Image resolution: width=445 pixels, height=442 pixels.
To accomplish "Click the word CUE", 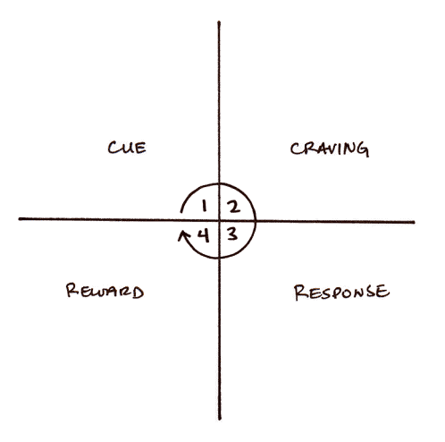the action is [x=127, y=148].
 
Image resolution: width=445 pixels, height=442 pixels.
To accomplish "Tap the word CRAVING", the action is [x=330, y=149].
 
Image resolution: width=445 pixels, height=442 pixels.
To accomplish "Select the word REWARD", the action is [x=105, y=291].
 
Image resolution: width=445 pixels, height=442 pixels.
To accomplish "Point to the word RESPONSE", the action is [x=341, y=292].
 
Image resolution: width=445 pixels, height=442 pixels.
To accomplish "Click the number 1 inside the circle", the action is [x=204, y=206].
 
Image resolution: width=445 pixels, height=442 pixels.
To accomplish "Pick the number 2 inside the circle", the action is [x=233, y=207].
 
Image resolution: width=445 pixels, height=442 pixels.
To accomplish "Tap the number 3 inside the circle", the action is [x=232, y=234].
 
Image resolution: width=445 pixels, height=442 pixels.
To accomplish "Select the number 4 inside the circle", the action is [x=204, y=236].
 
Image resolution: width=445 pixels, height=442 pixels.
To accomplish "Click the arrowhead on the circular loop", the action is [x=183, y=235].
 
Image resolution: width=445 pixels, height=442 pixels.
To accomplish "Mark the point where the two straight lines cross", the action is [x=219, y=221].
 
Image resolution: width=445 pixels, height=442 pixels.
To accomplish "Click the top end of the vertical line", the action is [x=219, y=21].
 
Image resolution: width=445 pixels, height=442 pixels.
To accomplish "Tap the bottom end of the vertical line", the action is [x=220, y=419].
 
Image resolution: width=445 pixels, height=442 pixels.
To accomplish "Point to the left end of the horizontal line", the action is [x=20, y=218].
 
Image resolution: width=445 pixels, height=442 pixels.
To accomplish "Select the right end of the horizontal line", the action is [x=414, y=222].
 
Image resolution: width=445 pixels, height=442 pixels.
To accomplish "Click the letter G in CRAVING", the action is [x=363, y=149].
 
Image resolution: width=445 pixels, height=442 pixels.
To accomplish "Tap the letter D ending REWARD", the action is [x=139, y=293].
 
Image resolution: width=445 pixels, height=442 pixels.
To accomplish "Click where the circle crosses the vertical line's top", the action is [x=219, y=183].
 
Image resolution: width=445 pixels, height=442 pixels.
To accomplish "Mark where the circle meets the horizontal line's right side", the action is [x=256, y=221].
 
